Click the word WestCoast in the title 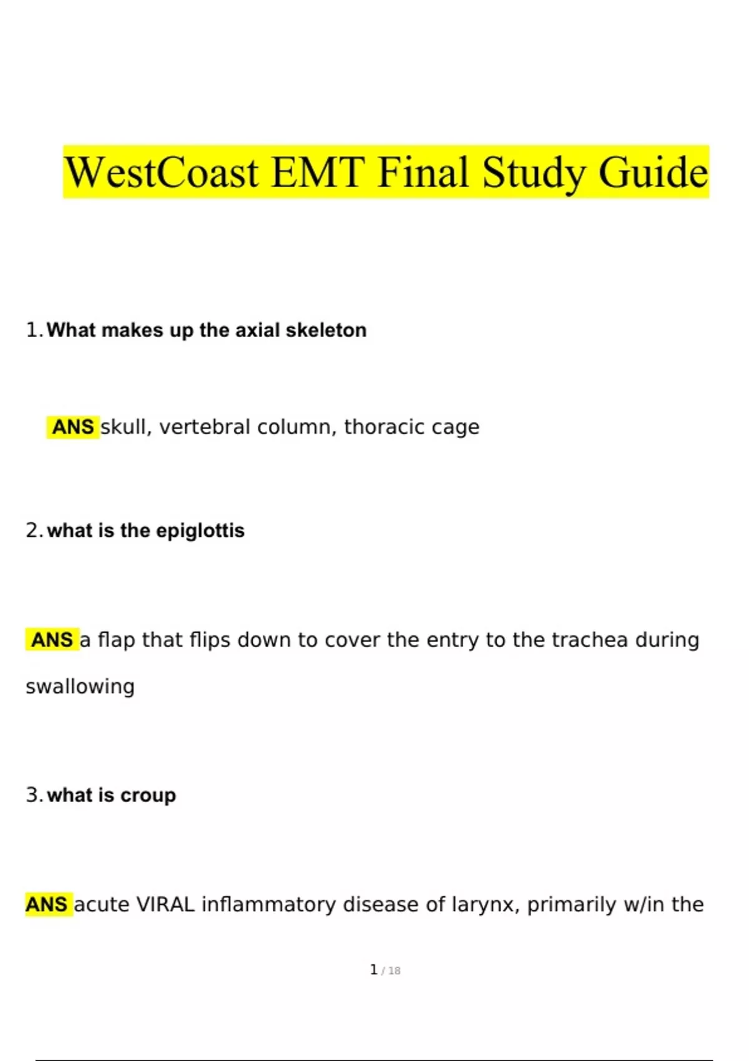click(x=161, y=172)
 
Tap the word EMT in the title click(x=318, y=172)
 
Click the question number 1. click(x=33, y=330)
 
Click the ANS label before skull click(x=72, y=428)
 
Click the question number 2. click(x=33, y=530)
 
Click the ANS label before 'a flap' click(x=52, y=640)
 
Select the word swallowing click(x=80, y=687)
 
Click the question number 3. click(x=33, y=795)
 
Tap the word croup click(x=148, y=796)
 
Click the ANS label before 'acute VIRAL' click(x=46, y=905)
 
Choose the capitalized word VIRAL click(x=165, y=905)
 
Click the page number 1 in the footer click(x=373, y=970)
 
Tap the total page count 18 click(x=394, y=971)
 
